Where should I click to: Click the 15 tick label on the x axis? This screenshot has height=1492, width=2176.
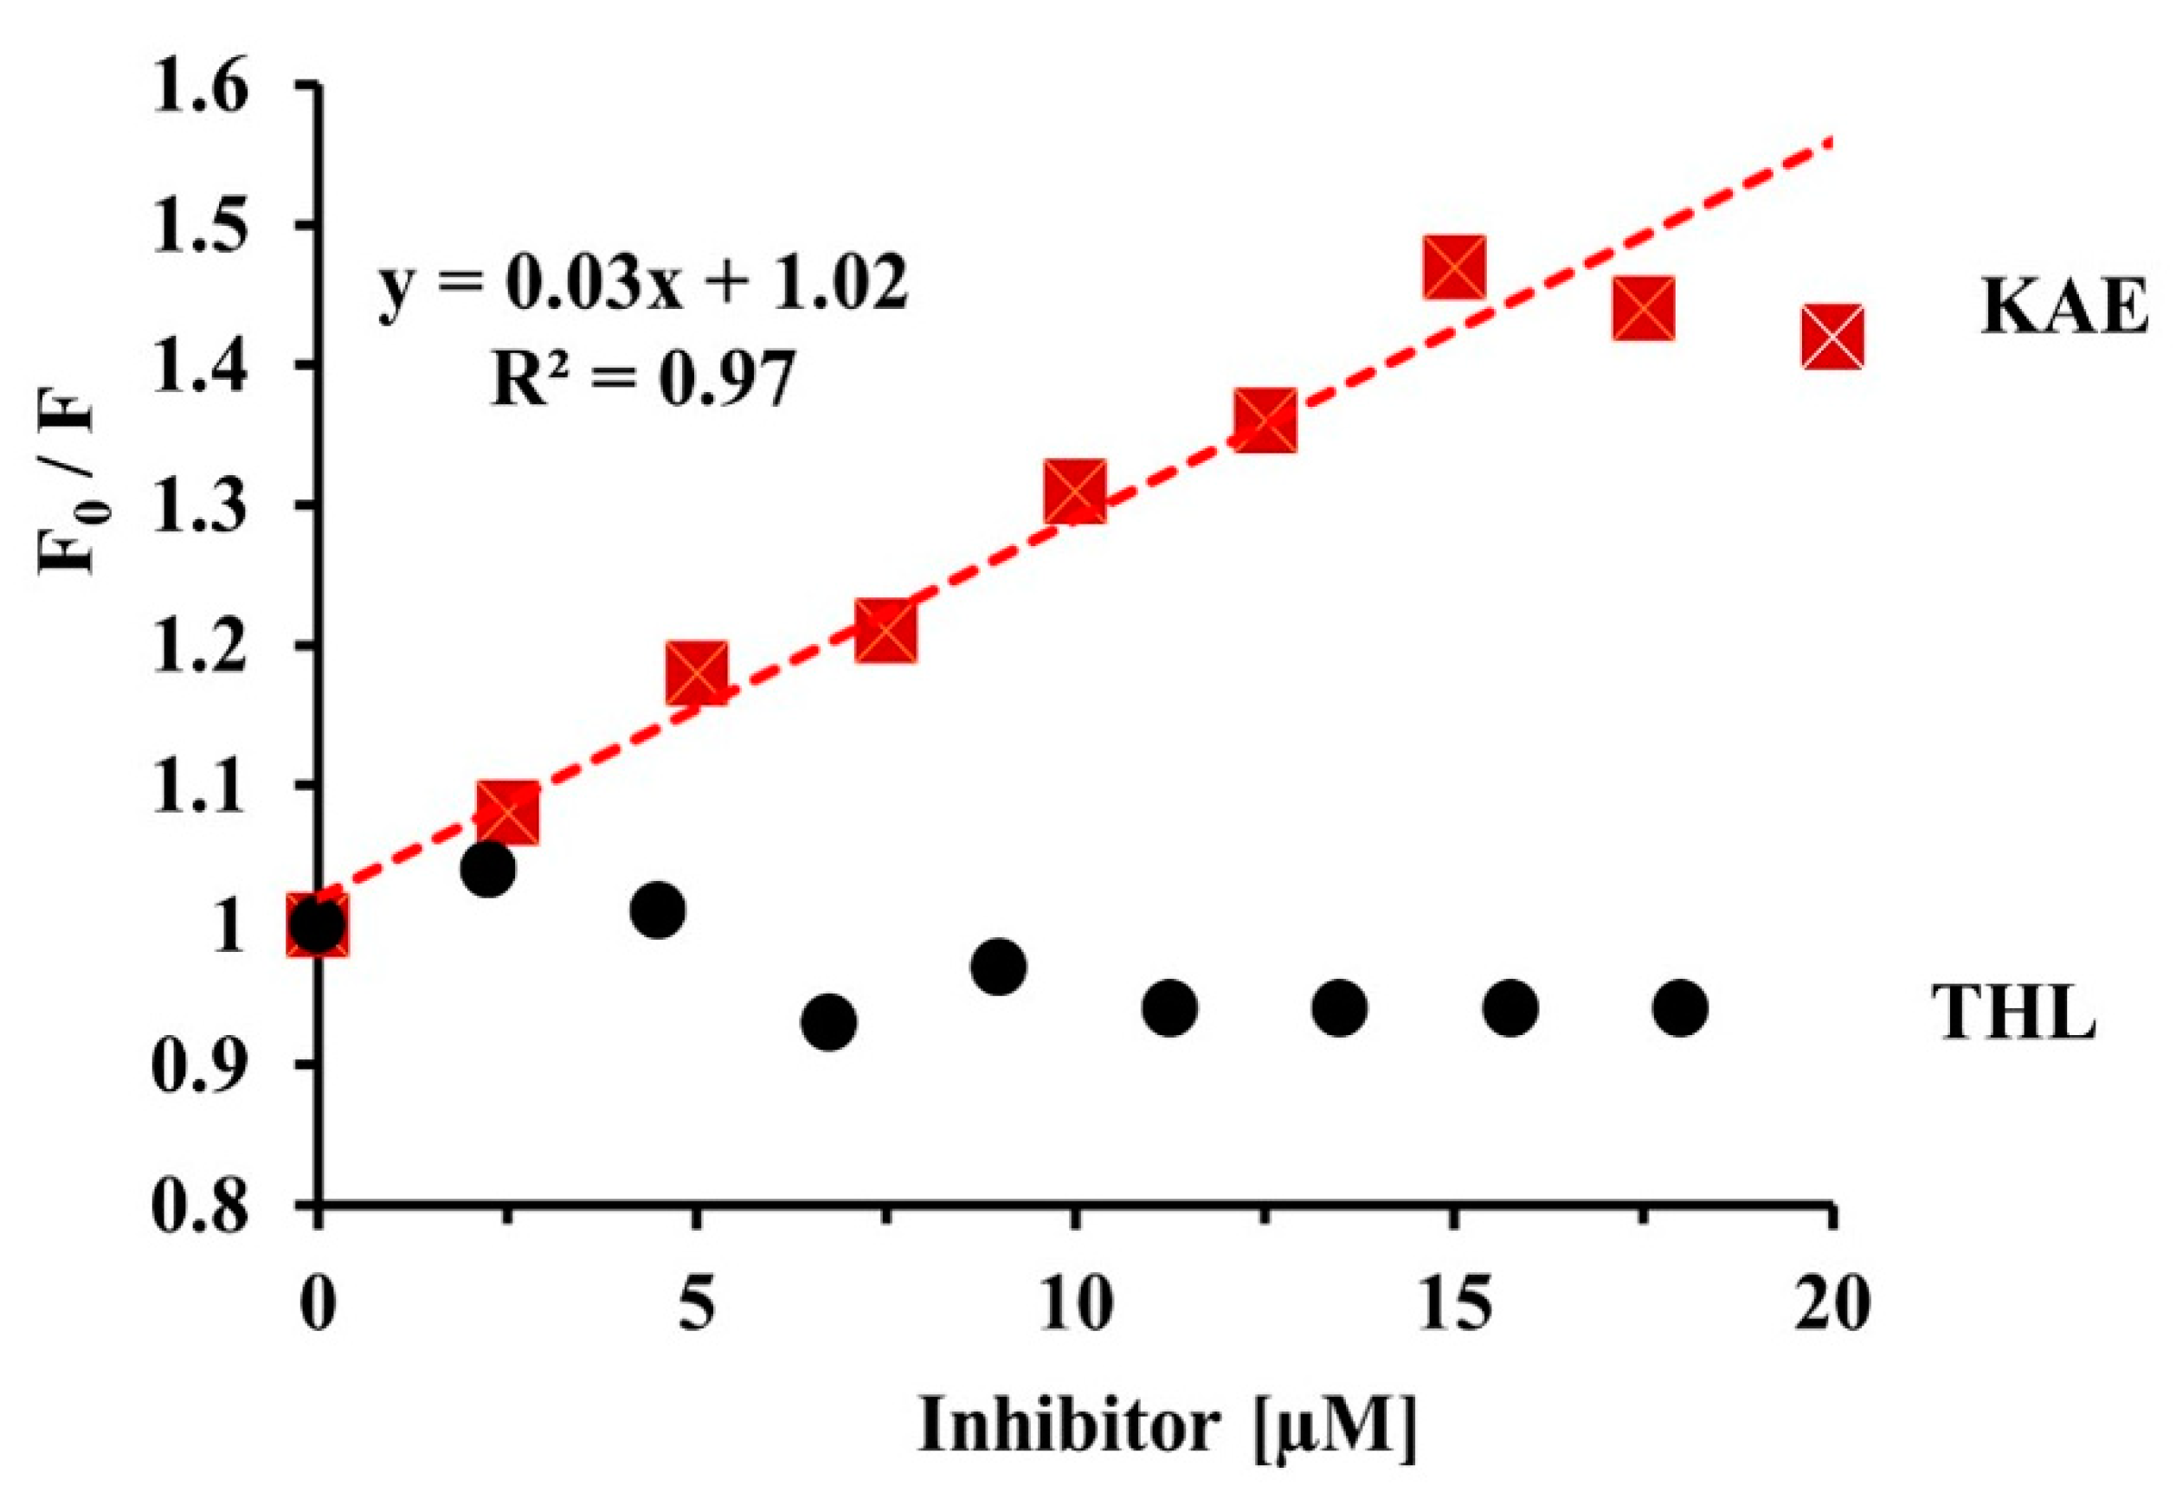point(1454,1304)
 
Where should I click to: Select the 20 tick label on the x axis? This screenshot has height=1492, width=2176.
point(1832,1304)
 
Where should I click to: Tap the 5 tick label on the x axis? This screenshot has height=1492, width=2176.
point(695,1304)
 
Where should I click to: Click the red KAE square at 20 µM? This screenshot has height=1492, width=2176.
point(1832,337)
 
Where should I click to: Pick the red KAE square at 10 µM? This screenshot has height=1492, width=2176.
point(1076,491)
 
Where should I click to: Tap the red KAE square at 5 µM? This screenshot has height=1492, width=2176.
point(697,673)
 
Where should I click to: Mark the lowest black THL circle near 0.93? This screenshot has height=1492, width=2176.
point(828,1021)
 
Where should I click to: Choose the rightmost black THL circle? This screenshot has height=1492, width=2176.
point(1681,1008)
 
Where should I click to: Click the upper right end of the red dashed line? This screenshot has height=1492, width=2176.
point(1831,141)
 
